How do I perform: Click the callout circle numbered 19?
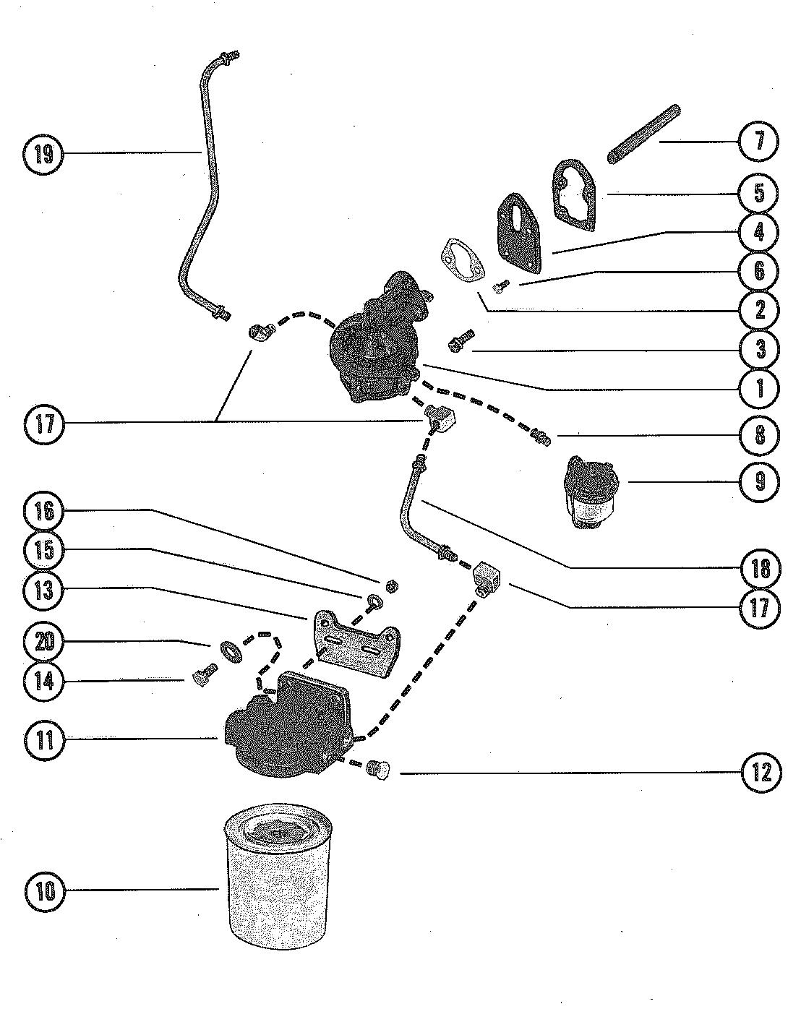point(43,154)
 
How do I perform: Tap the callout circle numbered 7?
point(758,141)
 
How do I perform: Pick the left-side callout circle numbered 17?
point(43,424)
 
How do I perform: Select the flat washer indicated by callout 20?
point(231,652)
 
